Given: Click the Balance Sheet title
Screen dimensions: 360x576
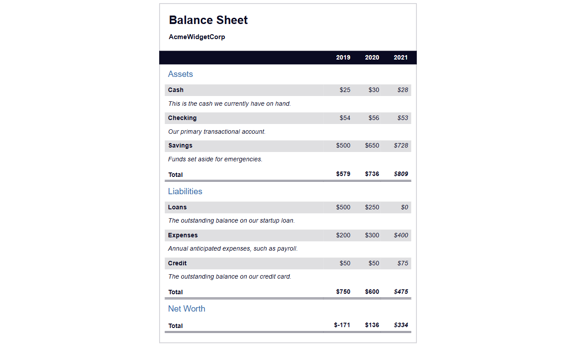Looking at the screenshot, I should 208,20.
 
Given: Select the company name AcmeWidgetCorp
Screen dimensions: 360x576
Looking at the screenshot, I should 197,37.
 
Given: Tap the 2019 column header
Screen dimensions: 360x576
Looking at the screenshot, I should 343,57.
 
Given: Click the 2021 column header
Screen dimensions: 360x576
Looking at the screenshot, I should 400,57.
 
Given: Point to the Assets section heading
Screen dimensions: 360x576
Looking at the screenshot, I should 180,74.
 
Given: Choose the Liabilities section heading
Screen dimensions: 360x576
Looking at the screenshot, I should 185,192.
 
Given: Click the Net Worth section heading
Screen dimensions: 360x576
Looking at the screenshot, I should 187,309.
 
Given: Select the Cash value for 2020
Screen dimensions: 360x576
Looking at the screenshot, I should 374,90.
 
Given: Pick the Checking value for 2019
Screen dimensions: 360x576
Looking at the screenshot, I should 345,118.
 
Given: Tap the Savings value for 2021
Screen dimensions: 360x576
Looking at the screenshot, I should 401,145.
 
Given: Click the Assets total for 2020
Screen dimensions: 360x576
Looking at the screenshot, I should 372,174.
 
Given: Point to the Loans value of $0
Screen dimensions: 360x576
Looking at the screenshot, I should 404,207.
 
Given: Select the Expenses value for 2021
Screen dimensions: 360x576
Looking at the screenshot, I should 401,235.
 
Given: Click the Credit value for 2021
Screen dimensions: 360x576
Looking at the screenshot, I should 403,263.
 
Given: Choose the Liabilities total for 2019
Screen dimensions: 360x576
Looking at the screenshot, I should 343,292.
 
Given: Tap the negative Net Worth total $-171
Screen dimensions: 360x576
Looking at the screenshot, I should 342,325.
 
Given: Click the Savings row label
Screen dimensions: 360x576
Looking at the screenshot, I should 180,145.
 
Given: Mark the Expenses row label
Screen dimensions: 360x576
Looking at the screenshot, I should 183,235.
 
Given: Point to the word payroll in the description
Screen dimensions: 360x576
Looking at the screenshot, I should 287,248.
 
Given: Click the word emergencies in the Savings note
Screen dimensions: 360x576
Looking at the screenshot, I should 243,159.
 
